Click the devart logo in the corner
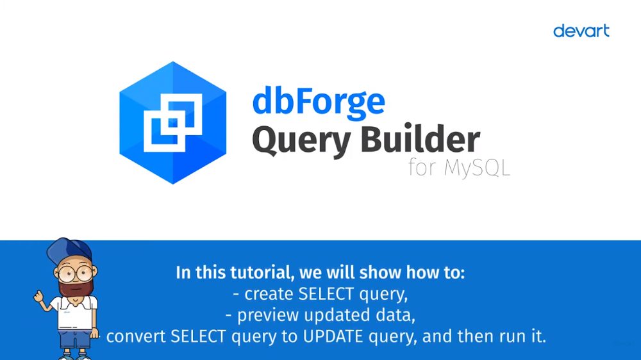click(x=581, y=31)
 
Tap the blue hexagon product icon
click(x=172, y=122)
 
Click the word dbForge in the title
click(x=319, y=102)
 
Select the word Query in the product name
click(x=301, y=140)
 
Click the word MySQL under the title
click(x=477, y=168)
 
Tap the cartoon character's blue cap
click(x=69, y=250)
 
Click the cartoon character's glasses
click(x=76, y=274)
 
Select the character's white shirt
click(x=75, y=313)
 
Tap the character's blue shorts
click(x=75, y=339)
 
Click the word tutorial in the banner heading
click(x=262, y=272)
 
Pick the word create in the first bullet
click(x=269, y=294)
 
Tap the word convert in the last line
click(x=136, y=337)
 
